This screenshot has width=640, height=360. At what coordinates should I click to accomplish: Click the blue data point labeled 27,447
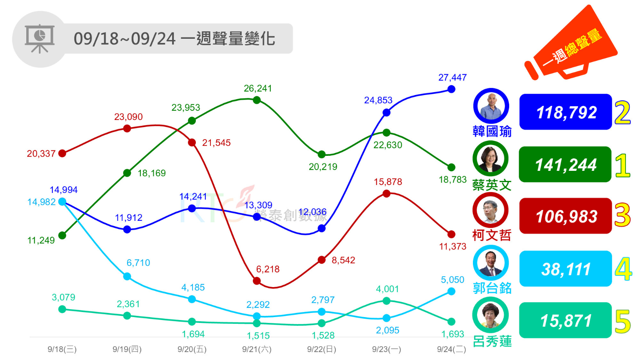[451, 89]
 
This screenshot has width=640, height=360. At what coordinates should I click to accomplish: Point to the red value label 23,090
[128, 117]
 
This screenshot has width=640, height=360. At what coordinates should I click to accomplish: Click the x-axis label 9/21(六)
[257, 349]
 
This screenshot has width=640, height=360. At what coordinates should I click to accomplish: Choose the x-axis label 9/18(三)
[62, 349]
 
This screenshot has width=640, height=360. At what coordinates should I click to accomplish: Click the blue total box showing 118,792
[565, 112]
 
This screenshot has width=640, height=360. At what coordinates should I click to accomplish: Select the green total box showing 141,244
[565, 165]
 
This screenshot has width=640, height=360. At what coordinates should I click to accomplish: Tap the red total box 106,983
[565, 216]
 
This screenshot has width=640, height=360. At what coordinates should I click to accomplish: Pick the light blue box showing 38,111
[565, 269]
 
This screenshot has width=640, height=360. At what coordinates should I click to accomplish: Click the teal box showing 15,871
[565, 320]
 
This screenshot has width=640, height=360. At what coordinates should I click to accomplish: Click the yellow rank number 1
[622, 165]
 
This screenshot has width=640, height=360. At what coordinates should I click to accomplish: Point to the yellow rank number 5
[622, 322]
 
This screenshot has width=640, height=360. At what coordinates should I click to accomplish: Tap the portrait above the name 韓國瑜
[491, 106]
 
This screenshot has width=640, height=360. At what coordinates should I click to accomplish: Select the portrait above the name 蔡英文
[490, 158]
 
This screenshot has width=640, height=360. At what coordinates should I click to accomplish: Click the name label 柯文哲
[492, 235]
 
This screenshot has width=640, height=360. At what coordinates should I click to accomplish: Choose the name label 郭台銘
[492, 288]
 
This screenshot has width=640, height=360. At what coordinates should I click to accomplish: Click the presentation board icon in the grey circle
[40, 39]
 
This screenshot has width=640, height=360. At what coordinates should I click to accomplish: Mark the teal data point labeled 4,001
[386, 301]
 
